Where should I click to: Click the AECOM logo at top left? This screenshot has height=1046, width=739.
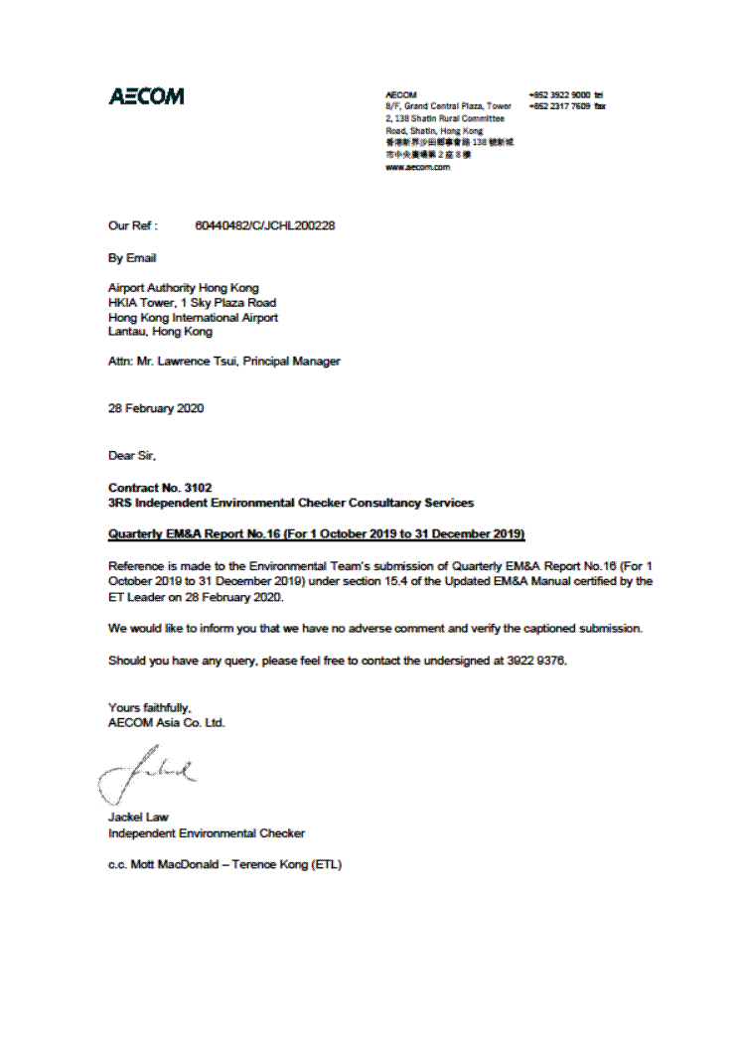[146, 96]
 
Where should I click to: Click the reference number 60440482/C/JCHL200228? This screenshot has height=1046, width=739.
[265, 225]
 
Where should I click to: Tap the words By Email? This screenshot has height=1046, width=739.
[132, 258]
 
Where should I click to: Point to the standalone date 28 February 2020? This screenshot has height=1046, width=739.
[156, 408]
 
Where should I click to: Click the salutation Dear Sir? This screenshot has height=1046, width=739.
[132, 456]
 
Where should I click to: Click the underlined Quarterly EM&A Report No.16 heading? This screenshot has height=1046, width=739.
[316, 534]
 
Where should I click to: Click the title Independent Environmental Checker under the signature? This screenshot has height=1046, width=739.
[206, 833]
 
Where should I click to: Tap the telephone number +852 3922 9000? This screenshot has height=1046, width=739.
[560, 94]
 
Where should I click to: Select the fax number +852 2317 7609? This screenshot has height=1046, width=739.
[560, 105]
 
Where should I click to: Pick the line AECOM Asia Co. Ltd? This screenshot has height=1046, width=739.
[166, 722]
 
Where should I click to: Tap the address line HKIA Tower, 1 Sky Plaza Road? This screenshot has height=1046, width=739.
[192, 303]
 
